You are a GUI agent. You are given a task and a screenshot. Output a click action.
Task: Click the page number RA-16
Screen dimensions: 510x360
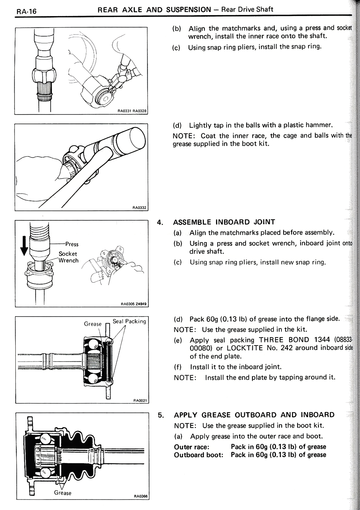[26, 12]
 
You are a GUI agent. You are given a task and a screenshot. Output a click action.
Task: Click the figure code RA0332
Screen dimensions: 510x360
[140, 208]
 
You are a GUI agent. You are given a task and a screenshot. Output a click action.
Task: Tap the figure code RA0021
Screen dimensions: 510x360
[140, 400]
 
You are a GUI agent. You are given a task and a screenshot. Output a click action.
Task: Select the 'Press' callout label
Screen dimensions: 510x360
[72, 244]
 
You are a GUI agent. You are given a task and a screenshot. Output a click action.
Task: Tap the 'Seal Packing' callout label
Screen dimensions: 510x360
[129, 321]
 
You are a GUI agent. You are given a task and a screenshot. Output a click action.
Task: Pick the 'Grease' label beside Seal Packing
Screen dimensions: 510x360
[93, 324]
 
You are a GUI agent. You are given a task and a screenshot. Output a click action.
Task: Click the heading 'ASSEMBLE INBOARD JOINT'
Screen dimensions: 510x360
[224, 222]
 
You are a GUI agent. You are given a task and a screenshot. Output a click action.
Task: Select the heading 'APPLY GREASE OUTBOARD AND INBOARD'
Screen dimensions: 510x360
[254, 415]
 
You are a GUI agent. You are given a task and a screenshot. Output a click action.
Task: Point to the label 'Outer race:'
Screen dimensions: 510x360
[191, 447]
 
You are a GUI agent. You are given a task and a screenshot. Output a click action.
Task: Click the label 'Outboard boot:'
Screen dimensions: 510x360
[199, 455]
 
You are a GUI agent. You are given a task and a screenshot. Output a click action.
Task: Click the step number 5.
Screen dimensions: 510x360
[160, 415]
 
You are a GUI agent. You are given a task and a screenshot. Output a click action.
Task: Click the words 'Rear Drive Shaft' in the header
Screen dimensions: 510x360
[247, 10]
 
